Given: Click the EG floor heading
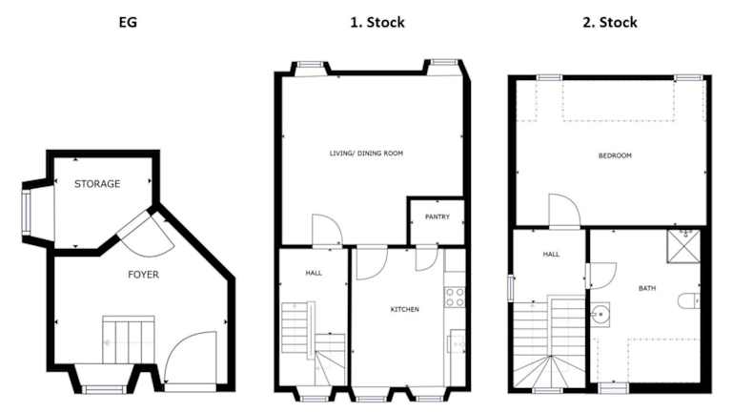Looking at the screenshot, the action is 128,22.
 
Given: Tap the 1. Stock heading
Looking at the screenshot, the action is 377,22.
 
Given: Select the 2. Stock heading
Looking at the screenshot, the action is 610,22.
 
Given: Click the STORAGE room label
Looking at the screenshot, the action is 97,183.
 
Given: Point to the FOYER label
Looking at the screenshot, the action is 143,275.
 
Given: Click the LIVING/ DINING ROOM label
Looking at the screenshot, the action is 366,154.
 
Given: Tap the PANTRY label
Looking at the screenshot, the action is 437,216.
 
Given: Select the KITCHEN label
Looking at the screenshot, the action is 405,309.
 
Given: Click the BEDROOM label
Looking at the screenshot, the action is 615,155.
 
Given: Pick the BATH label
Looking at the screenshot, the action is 647,288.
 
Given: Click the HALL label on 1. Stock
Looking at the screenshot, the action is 314,273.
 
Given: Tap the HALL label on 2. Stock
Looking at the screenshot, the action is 551,254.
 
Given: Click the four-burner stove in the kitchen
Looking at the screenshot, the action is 455,298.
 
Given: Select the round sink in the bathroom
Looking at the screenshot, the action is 600,315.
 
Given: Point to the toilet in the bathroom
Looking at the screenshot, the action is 688,300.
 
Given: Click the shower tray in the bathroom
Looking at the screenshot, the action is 683,246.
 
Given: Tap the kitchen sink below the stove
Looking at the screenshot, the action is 457,341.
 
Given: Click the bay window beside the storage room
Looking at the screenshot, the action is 26,213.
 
